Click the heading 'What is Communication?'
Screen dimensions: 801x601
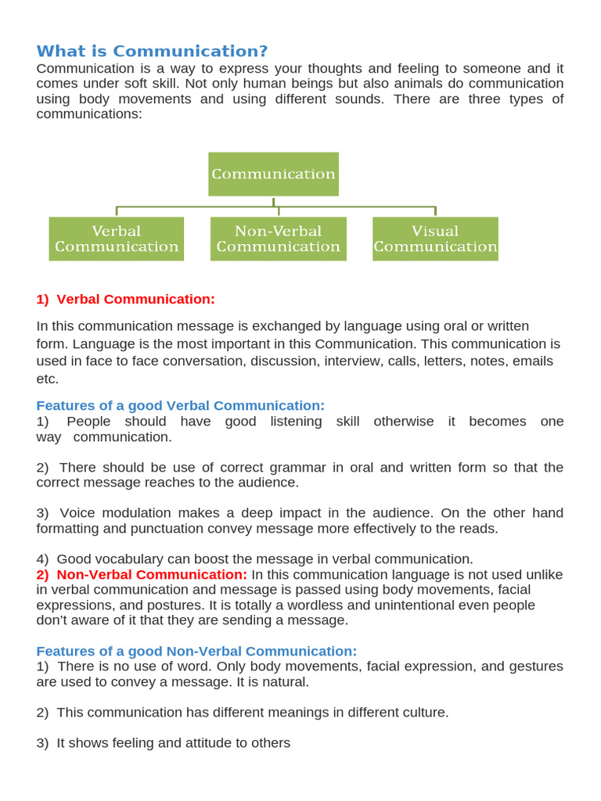click(x=152, y=52)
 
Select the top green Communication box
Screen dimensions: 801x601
click(x=273, y=174)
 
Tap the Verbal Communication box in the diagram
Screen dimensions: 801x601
click(x=117, y=239)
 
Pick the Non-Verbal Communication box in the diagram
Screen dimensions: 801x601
click(x=278, y=239)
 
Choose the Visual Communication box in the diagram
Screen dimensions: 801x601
click(x=435, y=239)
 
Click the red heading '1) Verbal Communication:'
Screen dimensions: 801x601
click(x=125, y=299)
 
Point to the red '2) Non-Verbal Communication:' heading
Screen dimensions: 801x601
click(x=142, y=574)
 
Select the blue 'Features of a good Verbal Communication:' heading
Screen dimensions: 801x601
click(x=180, y=405)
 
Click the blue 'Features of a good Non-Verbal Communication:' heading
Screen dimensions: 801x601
click(x=196, y=651)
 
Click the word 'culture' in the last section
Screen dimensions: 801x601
click(x=422, y=712)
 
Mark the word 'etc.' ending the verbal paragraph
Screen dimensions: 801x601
click(x=48, y=379)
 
